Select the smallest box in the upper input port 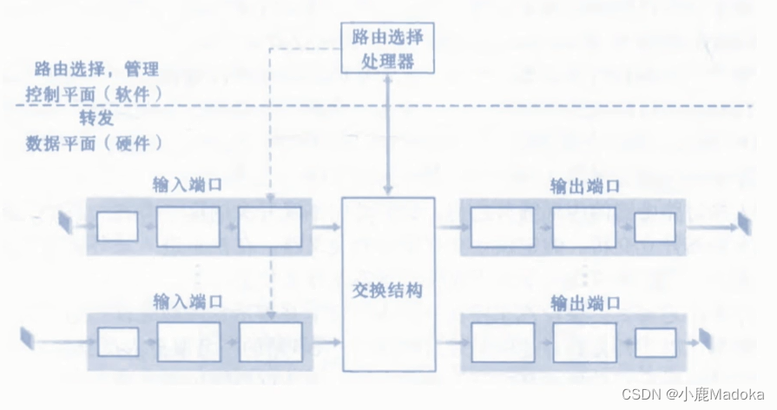(117, 227)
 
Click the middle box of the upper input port (188, 227)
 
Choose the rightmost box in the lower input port (270, 341)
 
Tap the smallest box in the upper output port (655, 227)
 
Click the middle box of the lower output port (583, 341)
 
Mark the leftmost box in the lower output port (503, 341)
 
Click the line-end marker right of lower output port (705, 339)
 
